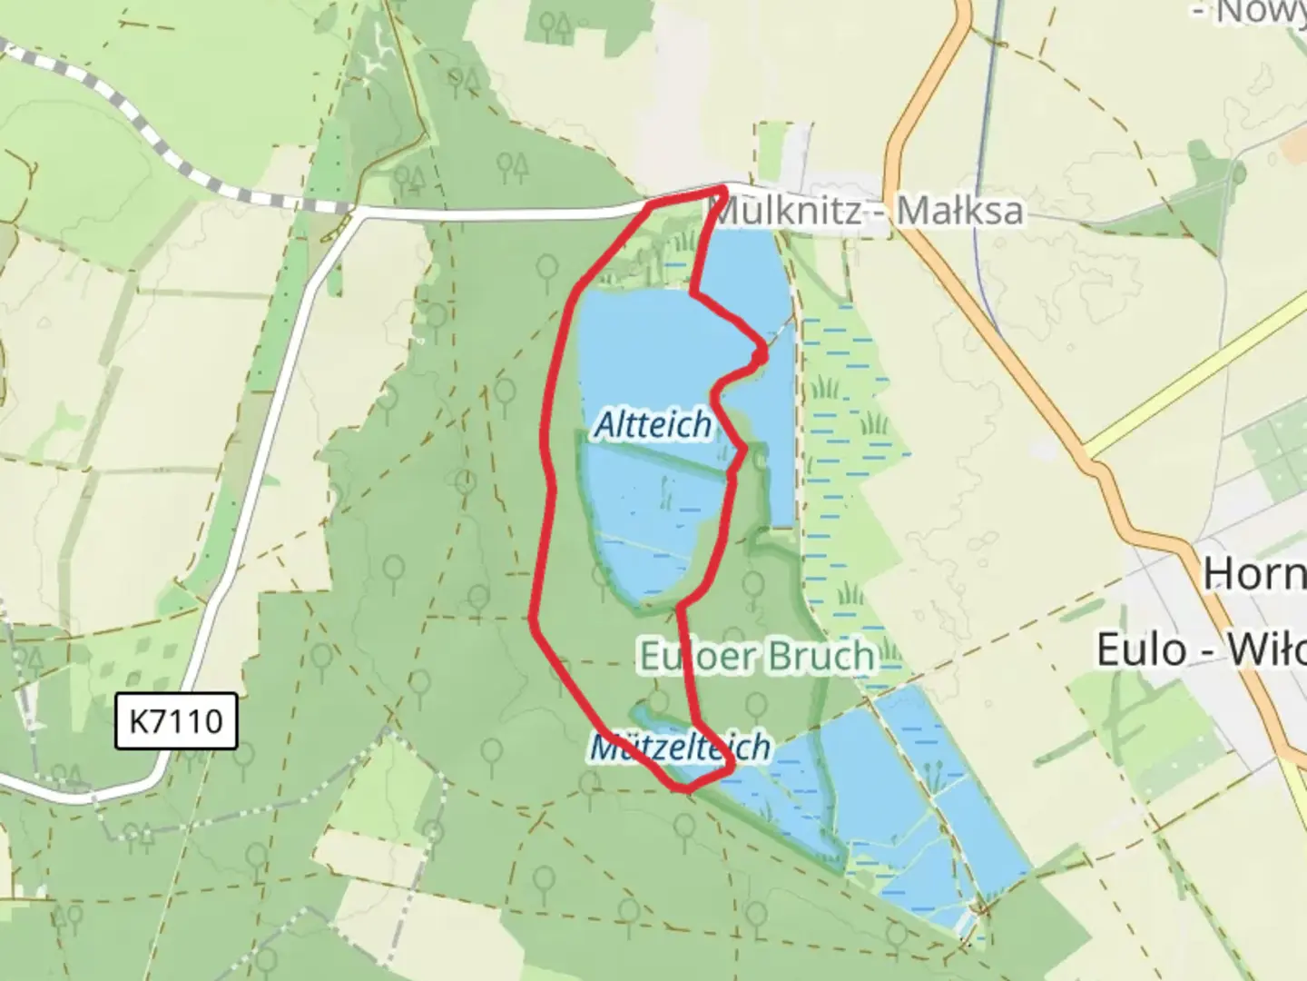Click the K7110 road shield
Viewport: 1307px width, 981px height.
(176, 721)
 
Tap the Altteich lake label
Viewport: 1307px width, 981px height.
(653, 424)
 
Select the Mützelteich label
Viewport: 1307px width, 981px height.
(680, 747)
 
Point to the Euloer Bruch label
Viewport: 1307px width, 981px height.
(757, 656)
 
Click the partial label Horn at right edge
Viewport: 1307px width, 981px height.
(1253, 574)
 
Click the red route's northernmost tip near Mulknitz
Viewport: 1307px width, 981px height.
(722, 188)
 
